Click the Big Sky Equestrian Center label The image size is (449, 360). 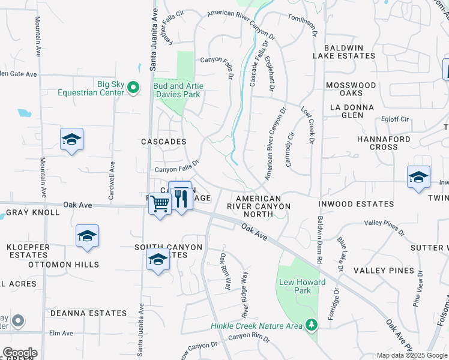(x=91, y=88)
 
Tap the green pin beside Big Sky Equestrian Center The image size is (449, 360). (x=133, y=88)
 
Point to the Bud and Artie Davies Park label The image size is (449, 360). (x=178, y=90)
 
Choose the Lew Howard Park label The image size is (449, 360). (x=302, y=286)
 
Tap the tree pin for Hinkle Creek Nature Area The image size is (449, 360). (x=311, y=325)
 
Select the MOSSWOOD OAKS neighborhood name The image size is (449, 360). (x=351, y=89)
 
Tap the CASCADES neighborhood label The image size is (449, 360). (x=163, y=142)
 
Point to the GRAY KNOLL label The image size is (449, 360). (x=32, y=212)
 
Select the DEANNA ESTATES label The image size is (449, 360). (x=88, y=313)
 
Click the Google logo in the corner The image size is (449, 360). (x=20, y=353)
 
